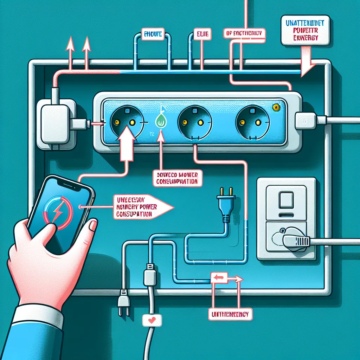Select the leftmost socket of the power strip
(x=123, y=121)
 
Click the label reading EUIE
(x=199, y=35)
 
